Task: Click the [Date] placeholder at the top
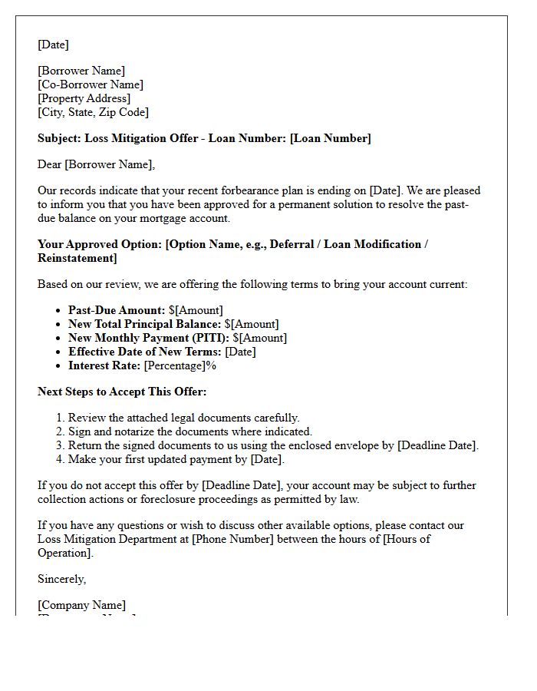(53, 45)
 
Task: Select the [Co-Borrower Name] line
(91, 84)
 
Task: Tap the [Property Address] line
(84, 98)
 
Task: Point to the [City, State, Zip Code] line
(93, 112)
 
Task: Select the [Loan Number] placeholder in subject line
(330, 138)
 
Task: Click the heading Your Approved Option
(99, 244)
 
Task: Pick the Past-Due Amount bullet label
(117, 310)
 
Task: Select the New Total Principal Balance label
(144, 324)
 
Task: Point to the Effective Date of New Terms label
(144, 352)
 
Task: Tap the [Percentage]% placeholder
(180, 365)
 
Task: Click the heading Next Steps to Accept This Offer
(122, 392)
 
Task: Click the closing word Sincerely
(61, 579)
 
